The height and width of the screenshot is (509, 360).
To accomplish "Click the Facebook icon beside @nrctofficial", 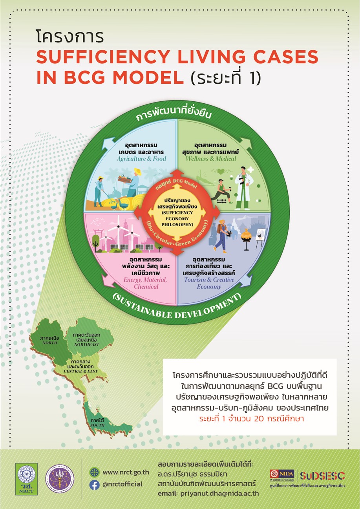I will pos(94,485).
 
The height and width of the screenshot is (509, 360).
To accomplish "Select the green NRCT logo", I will pos(27,478).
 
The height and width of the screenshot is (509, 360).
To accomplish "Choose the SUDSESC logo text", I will pos(322,476).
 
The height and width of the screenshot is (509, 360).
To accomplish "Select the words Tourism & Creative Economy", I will pos(209,283).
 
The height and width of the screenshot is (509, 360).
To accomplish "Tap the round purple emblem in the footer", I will pos(59,478).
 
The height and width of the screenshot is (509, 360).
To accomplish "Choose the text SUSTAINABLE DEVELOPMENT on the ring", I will pos(175,309).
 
